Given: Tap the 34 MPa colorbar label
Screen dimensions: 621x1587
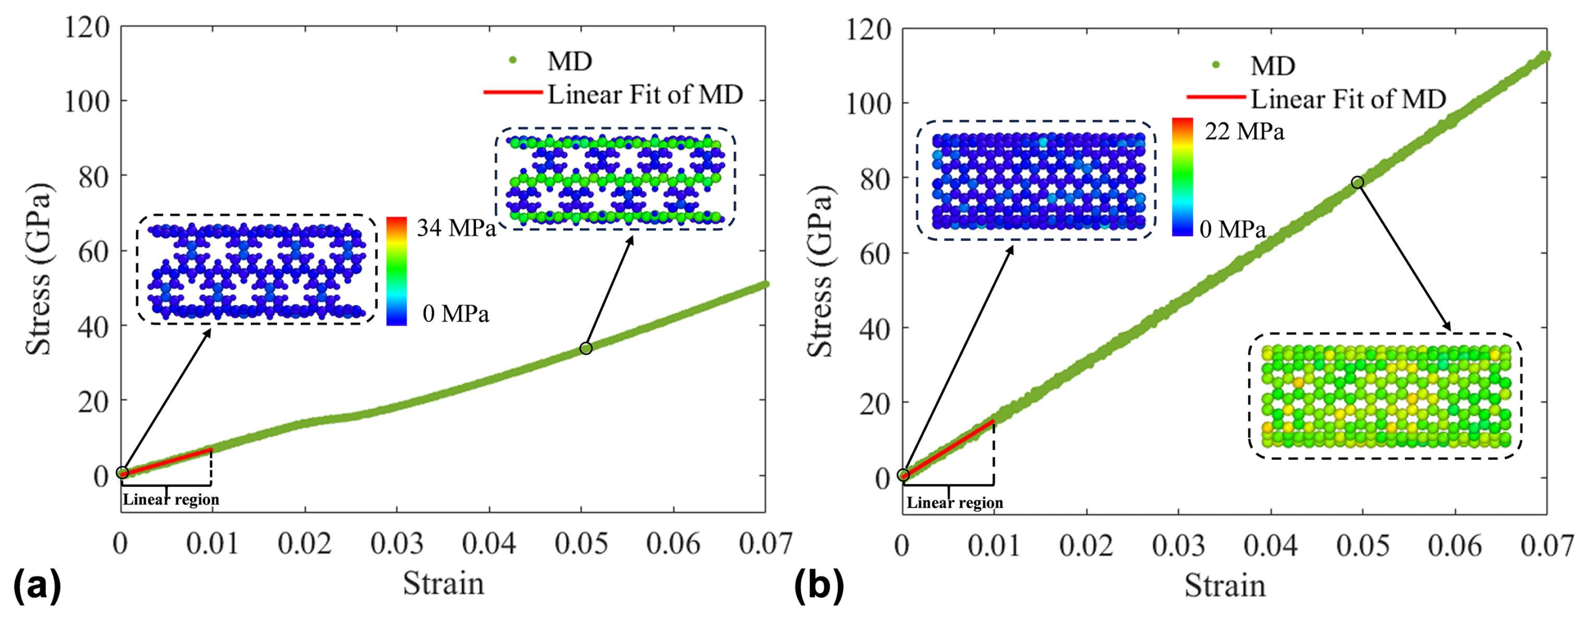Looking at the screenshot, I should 456,228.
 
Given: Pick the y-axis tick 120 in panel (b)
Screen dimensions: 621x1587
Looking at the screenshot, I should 869,29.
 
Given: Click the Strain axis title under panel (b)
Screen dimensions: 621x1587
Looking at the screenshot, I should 1225,585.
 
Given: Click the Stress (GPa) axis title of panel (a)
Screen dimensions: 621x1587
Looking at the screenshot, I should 39,268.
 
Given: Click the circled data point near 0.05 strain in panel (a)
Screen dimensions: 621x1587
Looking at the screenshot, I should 586,348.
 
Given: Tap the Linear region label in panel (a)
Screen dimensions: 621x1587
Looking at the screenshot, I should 171,500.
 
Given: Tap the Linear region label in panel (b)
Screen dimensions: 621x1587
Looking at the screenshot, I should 955,504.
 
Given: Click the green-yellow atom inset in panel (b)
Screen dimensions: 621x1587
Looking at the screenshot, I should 1385,396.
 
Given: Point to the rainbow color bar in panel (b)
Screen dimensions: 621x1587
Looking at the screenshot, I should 1182,177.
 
